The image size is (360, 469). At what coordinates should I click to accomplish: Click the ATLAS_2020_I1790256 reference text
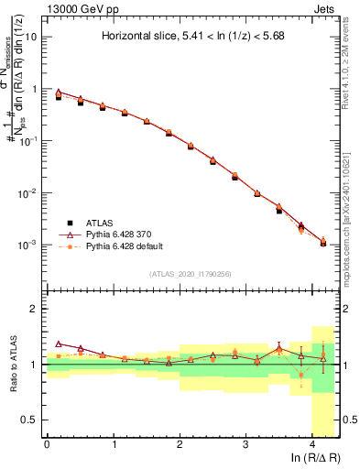[x=190, y=274]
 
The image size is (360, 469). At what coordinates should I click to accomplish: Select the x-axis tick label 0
[x=47, y=444]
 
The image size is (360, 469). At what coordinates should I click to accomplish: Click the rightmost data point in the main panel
[x=323, y=242]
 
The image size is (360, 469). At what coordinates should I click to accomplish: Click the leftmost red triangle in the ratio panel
[x=59, y=344]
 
